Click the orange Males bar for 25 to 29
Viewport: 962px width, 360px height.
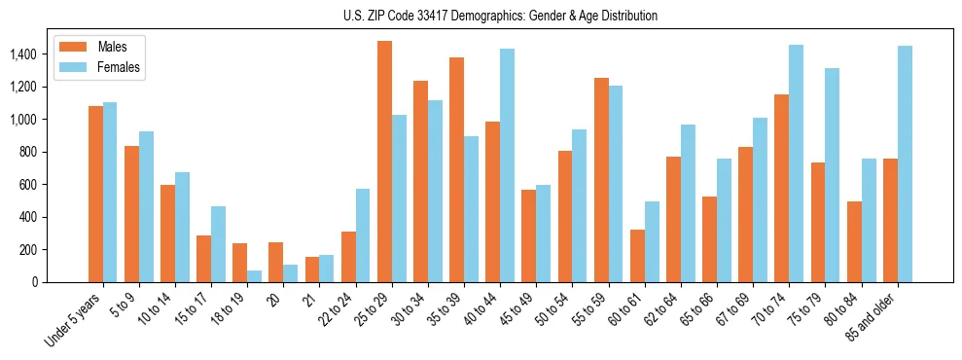(384, 162)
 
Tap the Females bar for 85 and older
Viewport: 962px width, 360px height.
(905, 164)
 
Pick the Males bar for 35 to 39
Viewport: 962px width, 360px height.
(456, 170)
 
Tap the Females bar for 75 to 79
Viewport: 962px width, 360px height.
(832, 175)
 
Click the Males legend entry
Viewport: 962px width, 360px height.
(97, 47)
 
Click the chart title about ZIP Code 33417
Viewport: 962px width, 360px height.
(500, 16)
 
